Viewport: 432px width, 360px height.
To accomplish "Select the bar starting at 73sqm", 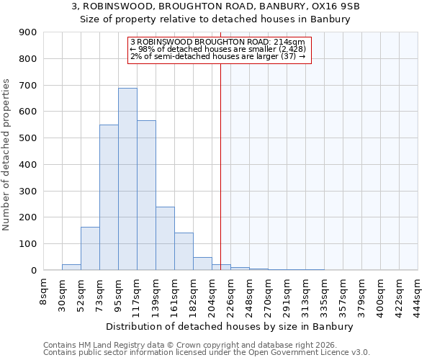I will tap(109, 197).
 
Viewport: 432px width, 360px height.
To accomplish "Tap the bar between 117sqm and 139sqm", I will tap(146, 195).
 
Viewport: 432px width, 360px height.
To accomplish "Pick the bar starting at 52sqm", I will tap(90, 248).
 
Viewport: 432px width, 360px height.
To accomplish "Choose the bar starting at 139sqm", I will tap(165, 238).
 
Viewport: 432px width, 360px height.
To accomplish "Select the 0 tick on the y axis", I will tap(33, 270).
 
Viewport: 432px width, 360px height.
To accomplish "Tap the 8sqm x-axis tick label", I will tap(44, 290).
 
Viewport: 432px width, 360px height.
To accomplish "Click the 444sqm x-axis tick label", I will tap(418, 294).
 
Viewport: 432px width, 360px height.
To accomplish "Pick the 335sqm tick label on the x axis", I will tap(324, 294).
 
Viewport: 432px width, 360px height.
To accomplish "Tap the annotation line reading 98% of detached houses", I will tap(218, 49).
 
